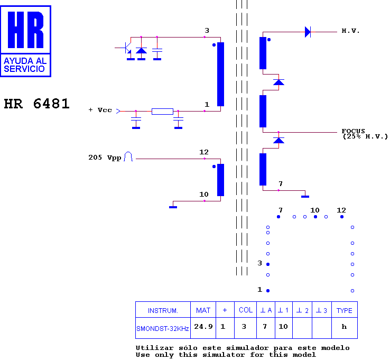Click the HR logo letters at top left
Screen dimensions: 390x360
[x=25, y=30]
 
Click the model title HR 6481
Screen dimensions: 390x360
[x=36, y=104]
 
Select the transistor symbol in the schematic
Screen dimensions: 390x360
[x=128, y=47]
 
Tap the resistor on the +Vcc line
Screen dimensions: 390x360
[x=162, y=111]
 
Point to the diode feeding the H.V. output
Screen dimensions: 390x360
[x=308, y=32]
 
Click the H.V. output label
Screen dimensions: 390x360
[x=350, y=31]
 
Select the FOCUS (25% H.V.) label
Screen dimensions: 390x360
[x=365, y=134]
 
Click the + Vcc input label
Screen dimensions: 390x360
[x=100, y=110]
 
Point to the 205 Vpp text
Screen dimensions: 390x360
[x=105, y=158]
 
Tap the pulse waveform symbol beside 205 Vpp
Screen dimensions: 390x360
[x=128, y=156]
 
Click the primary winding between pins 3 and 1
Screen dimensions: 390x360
[x=220, y=74]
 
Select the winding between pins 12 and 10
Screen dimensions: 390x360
[x=220, y=180]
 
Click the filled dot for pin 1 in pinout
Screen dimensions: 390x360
[x=268, y=291]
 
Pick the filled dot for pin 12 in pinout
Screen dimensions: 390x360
[x=342, y=217]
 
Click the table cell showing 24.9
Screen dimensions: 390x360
[x=203, y=328]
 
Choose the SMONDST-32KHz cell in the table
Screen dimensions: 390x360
[x=163, y=328]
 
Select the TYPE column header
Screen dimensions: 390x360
[x=345, y=310]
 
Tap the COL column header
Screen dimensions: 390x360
[x=246, y=310]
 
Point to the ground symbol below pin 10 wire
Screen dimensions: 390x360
[x=173, y=207]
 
